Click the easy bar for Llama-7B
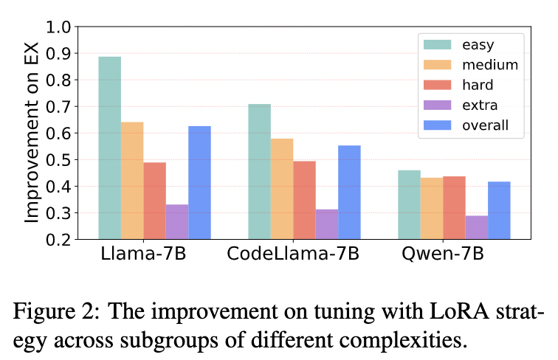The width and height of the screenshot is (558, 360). pos(110,148)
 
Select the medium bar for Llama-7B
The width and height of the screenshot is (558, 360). pos(132,181)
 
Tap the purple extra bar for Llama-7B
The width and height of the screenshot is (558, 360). pos(177,221)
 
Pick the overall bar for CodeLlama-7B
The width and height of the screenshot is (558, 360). pos(349,192)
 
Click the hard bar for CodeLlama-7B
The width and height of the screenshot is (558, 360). pos(304,200)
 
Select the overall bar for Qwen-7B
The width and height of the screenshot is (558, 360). pos(499,210)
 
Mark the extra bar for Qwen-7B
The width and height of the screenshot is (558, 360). pos(477,227)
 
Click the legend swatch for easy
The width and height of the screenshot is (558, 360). pos(436,44)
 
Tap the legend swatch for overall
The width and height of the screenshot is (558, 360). pos(436,125)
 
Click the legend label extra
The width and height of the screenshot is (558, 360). pos(481,105)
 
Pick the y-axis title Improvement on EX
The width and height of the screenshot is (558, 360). pos(31,133)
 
